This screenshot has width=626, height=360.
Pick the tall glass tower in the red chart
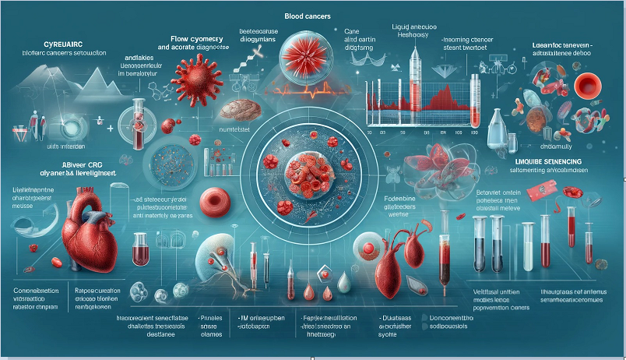tap(413, 77)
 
